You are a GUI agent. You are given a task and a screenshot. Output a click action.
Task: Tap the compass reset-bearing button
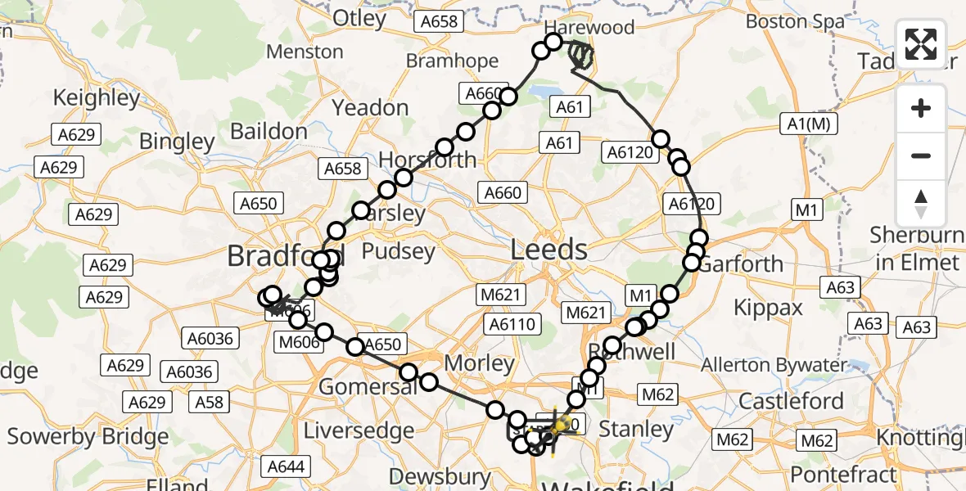click(921, 204)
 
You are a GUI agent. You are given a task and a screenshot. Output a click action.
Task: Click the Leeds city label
click(548, 250)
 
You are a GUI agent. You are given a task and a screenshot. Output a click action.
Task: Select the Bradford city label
click(282, 256)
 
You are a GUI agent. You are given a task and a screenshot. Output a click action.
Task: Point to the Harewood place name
click(589, 27)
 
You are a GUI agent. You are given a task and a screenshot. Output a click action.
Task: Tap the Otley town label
click(361, 18)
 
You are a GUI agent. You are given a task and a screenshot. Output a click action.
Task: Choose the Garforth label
click(740, 264)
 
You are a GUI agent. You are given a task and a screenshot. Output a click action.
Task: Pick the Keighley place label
click(97, 98)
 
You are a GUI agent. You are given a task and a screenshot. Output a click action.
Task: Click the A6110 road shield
click(512, 325)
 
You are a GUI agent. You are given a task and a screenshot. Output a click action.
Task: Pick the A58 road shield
click(208, 402)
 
